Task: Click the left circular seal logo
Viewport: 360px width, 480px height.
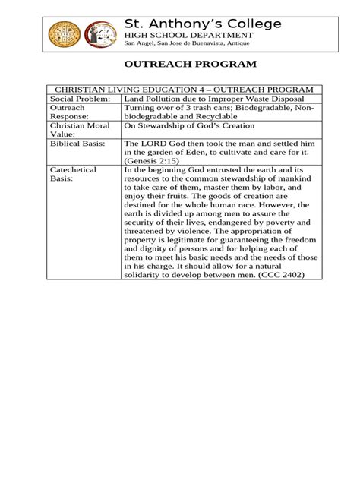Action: click(x=64, y=34)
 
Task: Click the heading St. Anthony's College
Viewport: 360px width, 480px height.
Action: click(x=204, y=24)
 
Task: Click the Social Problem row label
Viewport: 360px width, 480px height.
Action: click(x=81, y=100)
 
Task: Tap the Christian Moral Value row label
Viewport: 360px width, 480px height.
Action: click(x=77, y=130)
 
